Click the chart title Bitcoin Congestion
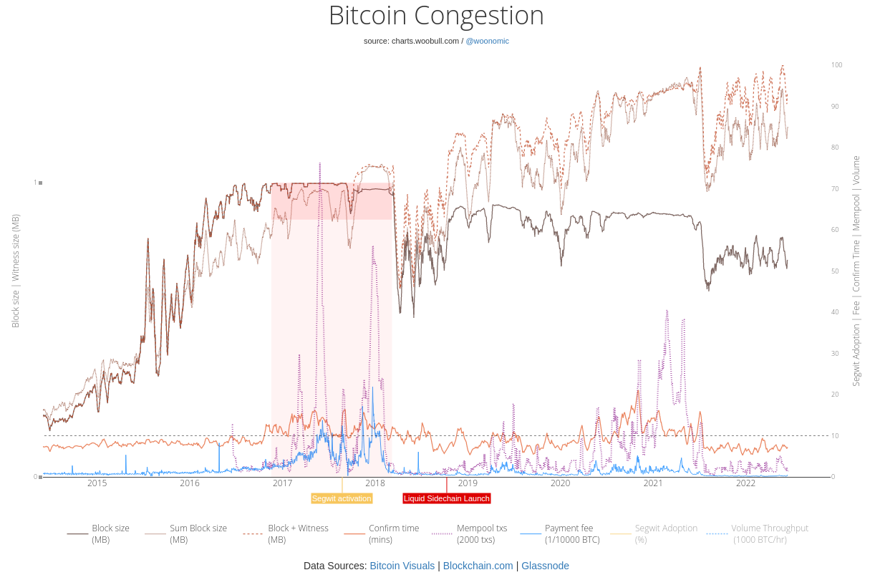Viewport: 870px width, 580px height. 435,16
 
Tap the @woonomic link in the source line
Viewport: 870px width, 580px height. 487,41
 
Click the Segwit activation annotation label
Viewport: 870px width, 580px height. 342,498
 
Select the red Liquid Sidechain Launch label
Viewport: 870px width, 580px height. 446,498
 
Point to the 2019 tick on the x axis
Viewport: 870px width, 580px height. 468,483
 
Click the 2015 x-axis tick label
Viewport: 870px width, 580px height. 97,483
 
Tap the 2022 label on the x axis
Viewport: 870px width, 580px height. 745,483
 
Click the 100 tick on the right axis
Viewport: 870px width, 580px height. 836,65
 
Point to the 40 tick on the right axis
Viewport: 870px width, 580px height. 835,312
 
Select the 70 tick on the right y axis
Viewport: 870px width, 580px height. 835,189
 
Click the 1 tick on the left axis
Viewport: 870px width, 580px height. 35,183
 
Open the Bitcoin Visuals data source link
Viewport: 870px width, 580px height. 402,566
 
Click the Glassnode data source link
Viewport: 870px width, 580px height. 545,566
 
